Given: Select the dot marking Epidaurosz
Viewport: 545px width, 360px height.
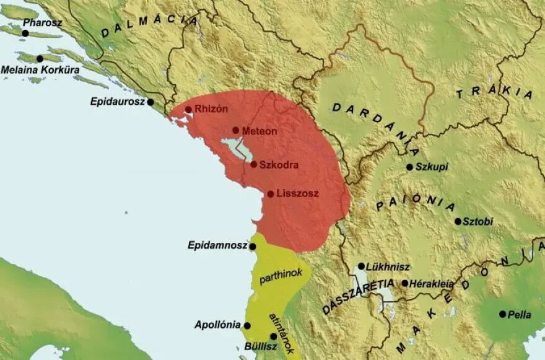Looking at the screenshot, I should pos(150,102).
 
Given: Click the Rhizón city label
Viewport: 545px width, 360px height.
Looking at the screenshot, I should pos(211,109).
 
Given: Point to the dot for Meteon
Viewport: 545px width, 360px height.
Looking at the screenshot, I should pos(235,130).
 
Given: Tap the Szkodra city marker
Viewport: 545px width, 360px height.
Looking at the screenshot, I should pos(253,164).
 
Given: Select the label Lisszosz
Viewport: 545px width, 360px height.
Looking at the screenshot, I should pos(298,193).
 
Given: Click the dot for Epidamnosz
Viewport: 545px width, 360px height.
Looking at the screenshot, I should pos(253,247).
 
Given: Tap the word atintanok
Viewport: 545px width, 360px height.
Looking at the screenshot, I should pos(279,333).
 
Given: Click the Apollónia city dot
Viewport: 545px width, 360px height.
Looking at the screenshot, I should pos(247,325).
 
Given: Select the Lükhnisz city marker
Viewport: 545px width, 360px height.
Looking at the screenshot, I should pos(361,266).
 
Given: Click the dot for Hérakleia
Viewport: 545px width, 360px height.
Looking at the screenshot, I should pos(404,283).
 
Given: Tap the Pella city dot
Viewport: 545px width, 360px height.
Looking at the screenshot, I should pos(502,314).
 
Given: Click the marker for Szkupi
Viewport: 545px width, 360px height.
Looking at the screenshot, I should pos(409,167).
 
